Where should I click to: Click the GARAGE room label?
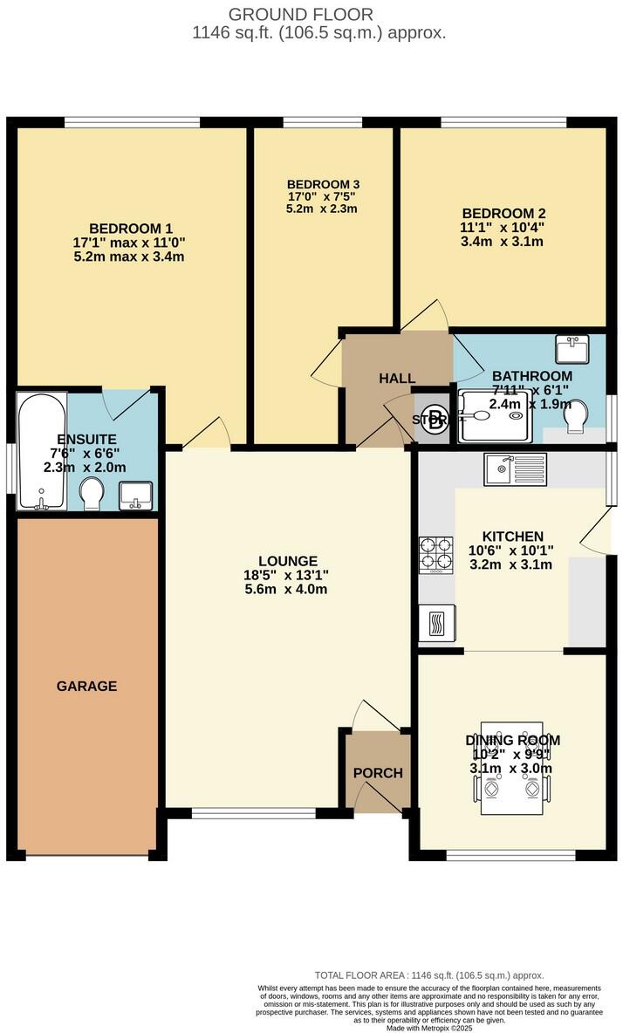86,686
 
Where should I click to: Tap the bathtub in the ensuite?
41,451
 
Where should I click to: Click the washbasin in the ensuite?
136,496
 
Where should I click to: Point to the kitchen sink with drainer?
515,469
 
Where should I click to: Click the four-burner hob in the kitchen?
437,554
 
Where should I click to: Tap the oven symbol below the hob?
436,623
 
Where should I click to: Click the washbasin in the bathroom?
572,349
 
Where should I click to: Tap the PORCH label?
378,773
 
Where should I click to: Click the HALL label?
397,378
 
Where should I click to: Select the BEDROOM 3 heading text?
323,184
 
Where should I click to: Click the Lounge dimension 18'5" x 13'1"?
288,574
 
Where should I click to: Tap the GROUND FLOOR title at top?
301,14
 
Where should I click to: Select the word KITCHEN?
513,536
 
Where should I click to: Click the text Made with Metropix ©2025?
429,1027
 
